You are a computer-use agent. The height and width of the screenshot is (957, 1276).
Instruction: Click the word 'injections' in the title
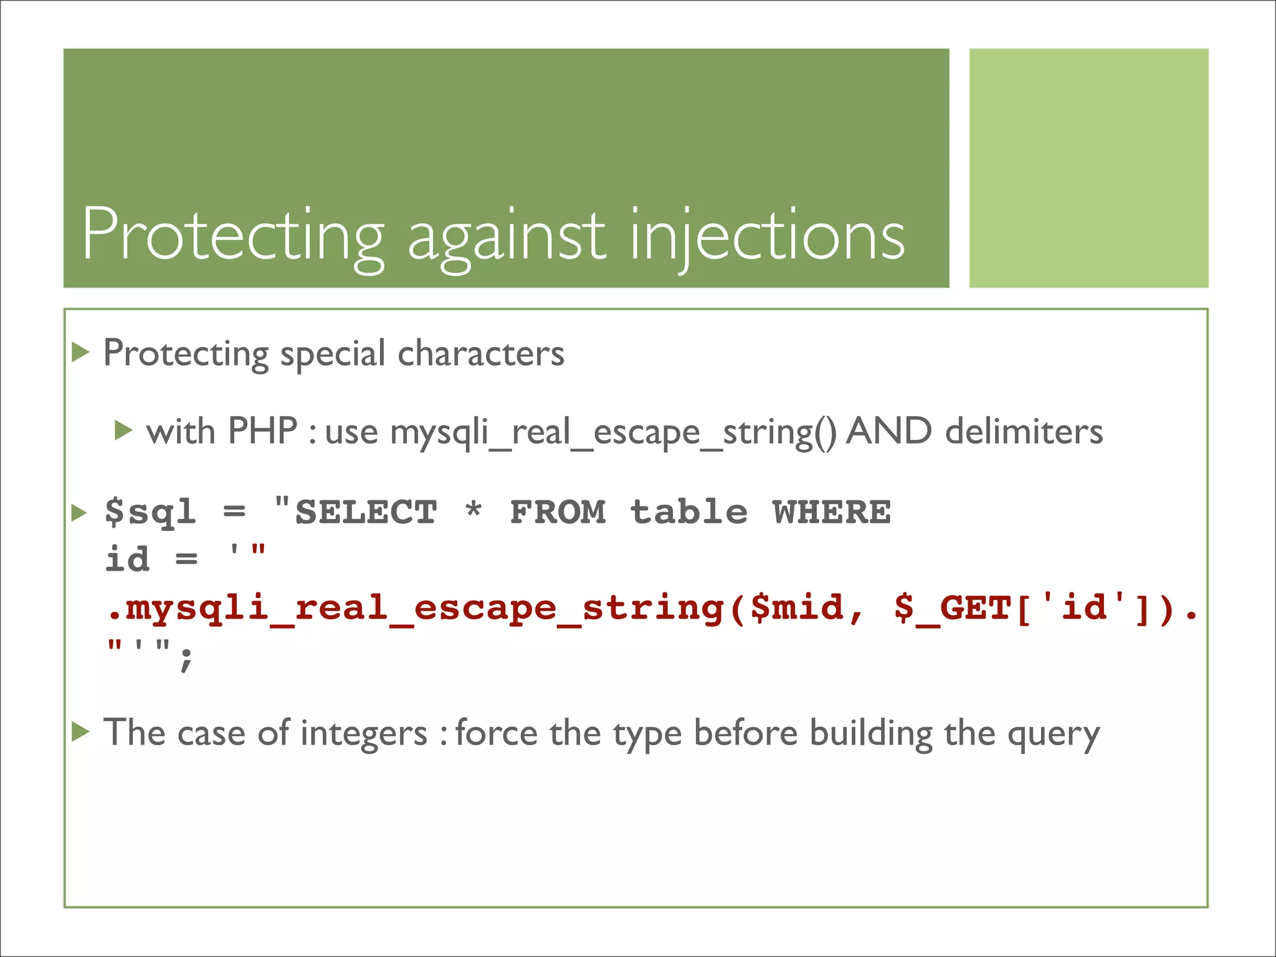coord(768,237)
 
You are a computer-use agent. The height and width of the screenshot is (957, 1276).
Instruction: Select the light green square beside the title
coord(1088,168)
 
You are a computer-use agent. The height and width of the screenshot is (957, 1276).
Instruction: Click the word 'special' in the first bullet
coord(333,355)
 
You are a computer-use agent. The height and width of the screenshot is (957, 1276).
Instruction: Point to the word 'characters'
coord(481,353)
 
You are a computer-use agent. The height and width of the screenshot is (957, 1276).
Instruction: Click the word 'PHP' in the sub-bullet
coord(262,431)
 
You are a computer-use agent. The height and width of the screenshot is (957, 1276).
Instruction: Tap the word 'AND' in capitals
coord(888,431)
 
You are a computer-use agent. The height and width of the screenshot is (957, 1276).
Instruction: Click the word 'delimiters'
coord(1024,431)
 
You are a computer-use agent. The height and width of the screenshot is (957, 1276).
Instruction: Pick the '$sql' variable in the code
coord(150,512)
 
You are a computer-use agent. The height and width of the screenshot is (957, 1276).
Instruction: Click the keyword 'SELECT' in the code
coord(366,512)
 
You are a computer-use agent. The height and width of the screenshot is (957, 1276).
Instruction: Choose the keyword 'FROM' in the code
coord(558,512)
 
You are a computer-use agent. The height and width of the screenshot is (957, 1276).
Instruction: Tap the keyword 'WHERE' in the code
coord(832,512)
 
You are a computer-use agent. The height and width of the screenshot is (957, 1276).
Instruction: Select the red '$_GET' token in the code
coord(952,608)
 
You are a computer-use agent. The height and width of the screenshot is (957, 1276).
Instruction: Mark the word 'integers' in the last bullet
coord(364,733)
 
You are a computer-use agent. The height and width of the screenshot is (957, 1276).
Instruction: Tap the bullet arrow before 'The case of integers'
coord(80,731)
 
